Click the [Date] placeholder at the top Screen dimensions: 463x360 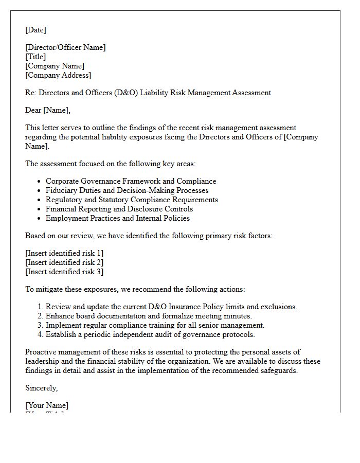[x=35, y=30]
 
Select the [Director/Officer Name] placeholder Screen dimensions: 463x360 [x=65, y=47]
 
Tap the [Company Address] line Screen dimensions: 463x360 [x=58, y=75]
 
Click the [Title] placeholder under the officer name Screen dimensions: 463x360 [x=35, y=57]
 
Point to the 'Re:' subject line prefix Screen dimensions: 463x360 [x=31, y=93]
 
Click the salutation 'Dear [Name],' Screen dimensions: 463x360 [x=47, y=110]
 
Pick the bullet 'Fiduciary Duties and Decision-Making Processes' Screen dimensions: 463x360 [x=127, y=190]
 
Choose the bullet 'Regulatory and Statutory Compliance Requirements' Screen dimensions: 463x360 [x=132, y=200]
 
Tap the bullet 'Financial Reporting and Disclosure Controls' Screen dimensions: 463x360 [x=119, y=209]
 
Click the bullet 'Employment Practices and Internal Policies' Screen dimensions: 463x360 [x=118, y=218]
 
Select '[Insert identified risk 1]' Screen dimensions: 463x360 [x=64, y=253]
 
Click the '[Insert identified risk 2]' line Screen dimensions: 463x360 [x=64, y=262]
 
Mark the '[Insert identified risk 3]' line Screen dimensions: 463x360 [x=64, y=272]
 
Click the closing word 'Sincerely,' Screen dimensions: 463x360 [x=42, y=388]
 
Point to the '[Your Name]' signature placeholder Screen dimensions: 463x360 [x=47, y=405]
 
